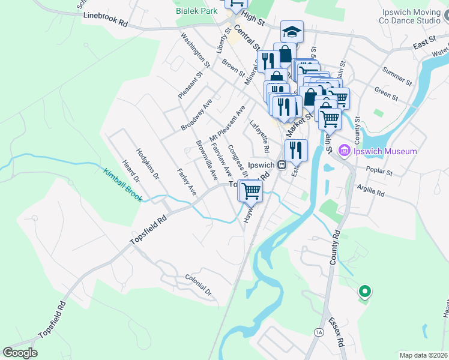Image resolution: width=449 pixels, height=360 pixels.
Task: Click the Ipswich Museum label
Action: [x=384, y=151]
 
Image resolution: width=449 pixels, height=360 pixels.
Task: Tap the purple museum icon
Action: [x=345, y=150]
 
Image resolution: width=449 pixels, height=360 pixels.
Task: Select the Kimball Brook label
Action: [x=122, y=184]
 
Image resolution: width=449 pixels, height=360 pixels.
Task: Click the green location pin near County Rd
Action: [x=364, y=292]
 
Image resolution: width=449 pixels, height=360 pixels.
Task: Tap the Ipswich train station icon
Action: [x=281, y=165]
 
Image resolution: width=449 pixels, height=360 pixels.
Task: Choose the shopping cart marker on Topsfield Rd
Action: [x=250, y=191]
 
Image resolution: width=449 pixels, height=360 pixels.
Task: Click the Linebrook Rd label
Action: [x=106, y=19]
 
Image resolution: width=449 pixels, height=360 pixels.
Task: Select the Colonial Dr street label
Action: [x=199, y=284]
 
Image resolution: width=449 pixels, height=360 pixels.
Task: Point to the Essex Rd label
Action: [x=337, y=334]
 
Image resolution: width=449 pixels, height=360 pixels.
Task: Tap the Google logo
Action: [x=20, y=353]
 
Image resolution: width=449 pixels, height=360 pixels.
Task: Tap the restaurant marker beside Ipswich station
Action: [x=296, y=150]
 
